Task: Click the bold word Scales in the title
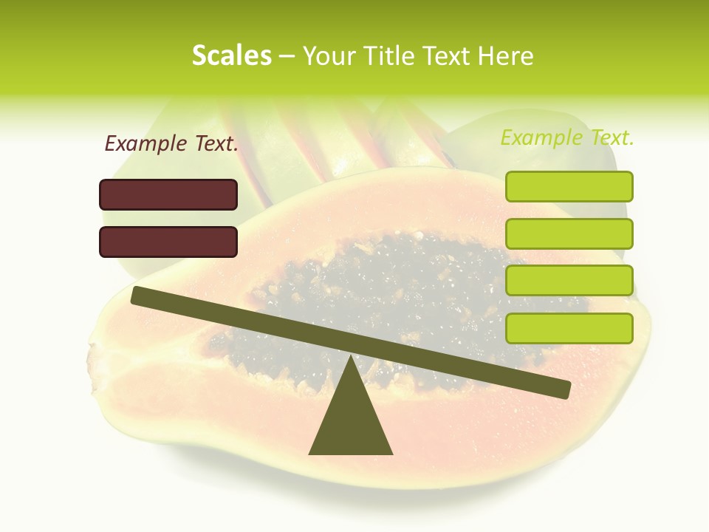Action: [231, 55]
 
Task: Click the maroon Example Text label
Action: [171, 144]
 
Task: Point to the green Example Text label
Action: [567, 137]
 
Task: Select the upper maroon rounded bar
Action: [168, 194]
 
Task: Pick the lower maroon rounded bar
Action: [168, 242]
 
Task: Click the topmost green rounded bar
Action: [569, 186]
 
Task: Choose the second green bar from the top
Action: [569, 233]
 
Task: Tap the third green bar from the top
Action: [569, 281]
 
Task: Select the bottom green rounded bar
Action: [569, 328]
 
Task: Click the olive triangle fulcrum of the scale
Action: [351, 421]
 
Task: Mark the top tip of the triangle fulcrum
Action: [351, 358]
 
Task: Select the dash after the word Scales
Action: [287, 56]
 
